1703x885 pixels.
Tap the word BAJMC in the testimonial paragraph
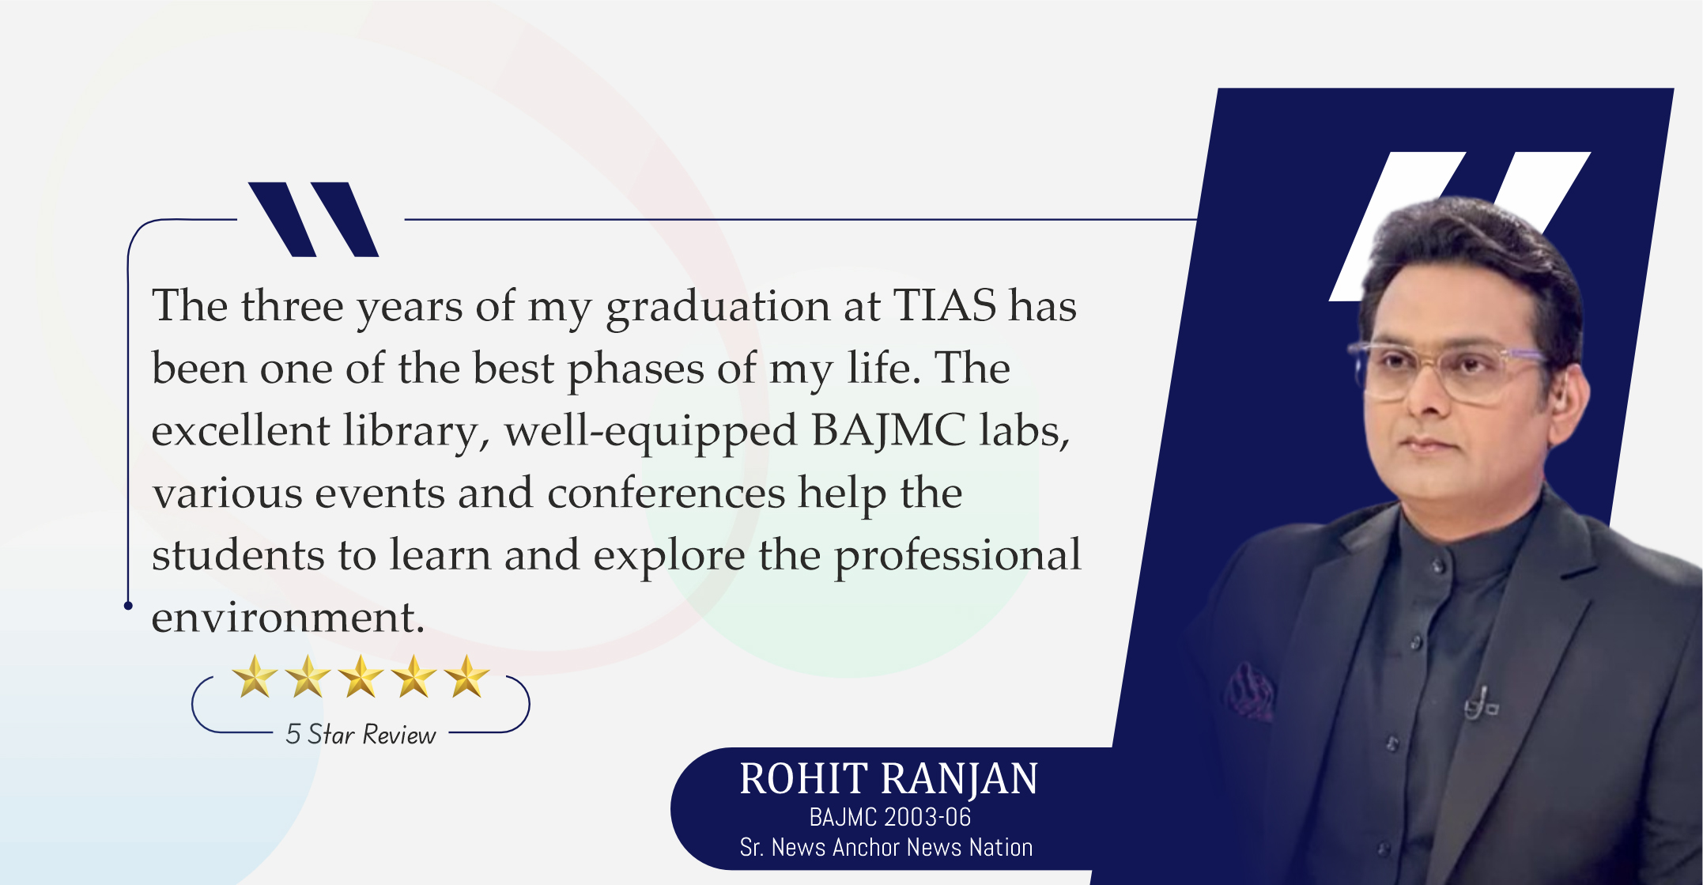point(889,430)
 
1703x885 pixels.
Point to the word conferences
point(666,493)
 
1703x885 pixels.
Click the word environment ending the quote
point(289,618)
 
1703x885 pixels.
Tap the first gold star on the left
point(255,676)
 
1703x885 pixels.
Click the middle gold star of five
point(361,676)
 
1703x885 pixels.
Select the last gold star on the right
point(466,676)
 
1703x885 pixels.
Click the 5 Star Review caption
point(361,735)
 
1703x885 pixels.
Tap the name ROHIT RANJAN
point(889,779)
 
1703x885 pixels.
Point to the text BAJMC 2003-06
point(890,817)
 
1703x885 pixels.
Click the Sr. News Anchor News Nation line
point(886,847)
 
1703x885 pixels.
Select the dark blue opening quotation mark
point(314,219)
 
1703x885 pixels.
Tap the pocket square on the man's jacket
point(1249,690)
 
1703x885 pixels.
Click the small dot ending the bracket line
point(128,606)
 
